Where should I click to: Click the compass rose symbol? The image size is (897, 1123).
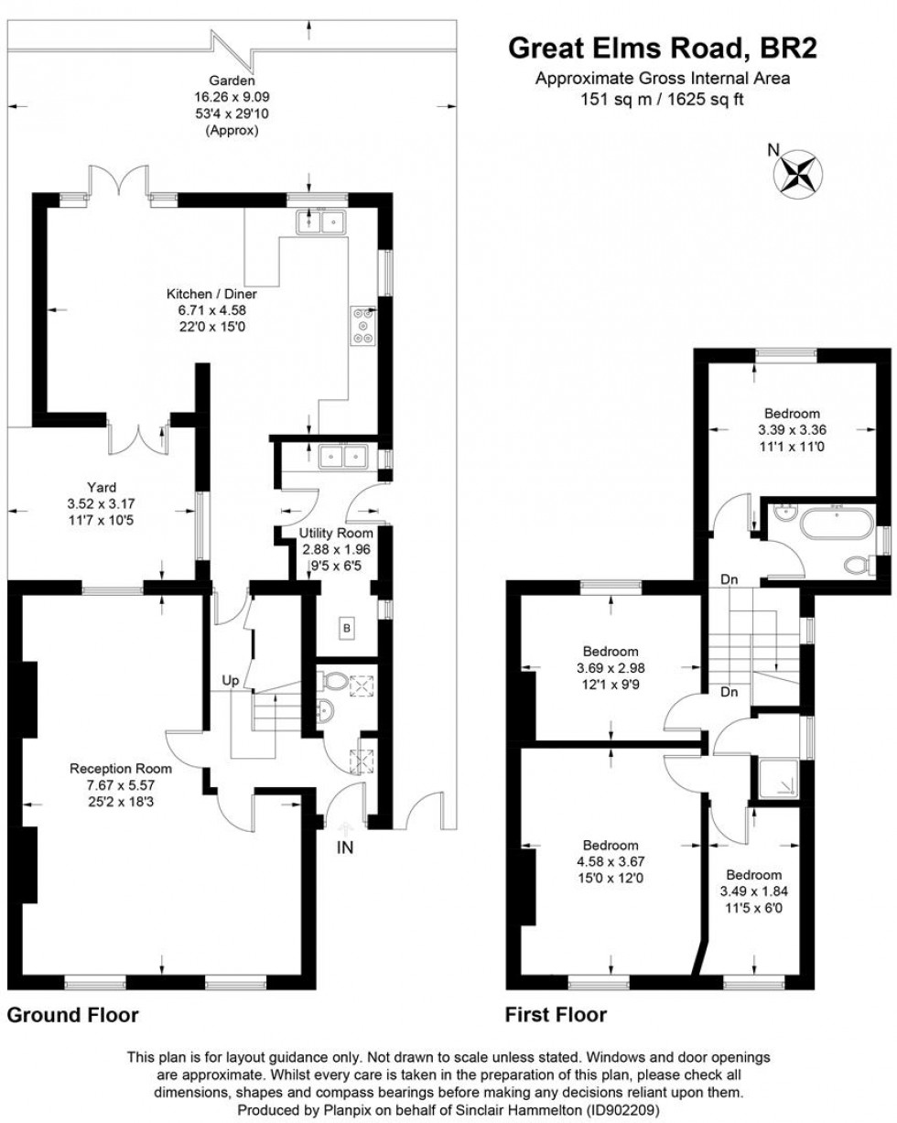pos(798,172)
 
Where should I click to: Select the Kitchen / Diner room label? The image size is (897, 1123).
pos(211,295)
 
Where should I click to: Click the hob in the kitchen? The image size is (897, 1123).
pos(362,327)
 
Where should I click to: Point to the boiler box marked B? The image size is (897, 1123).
pos(347,629)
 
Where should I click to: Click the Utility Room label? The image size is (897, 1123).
pos(336,533)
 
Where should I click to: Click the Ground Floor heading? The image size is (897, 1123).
pos(73,1015)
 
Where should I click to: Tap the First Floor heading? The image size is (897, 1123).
pos(556,1015)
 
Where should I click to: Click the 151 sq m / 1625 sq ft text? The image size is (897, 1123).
pos(662,99)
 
